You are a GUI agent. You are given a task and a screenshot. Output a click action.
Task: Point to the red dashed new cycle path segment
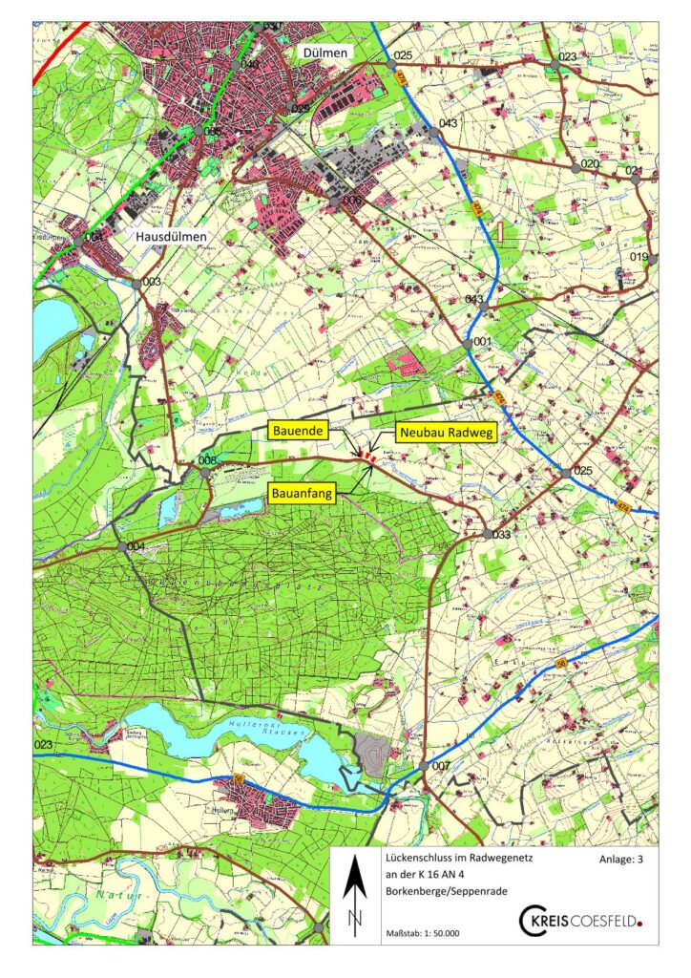coord(366,459)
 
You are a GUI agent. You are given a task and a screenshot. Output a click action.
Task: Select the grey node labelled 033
coord(487,535)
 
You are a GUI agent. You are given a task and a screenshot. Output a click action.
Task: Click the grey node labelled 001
coord(469,341)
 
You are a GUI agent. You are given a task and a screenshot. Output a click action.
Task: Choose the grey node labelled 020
coord(576,167)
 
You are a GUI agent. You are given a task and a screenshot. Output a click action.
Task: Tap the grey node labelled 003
coord(137,283)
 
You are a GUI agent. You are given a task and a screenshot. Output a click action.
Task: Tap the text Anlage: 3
coord(621,859)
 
